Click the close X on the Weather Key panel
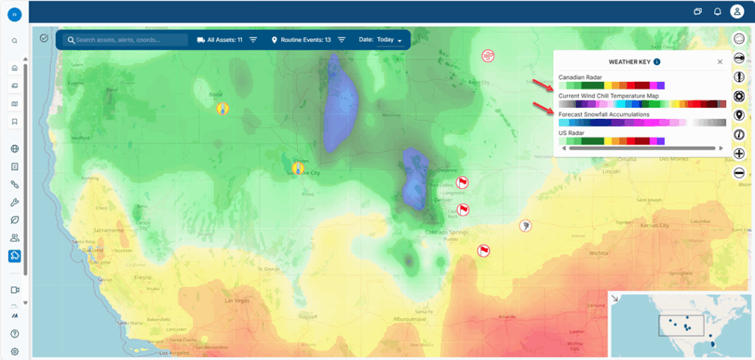720,62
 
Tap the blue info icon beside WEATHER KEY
656,62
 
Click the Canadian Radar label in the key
580,77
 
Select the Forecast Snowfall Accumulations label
604,114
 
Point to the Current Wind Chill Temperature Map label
608,96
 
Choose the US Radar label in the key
571,133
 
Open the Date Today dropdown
389,40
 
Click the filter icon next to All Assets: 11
253,40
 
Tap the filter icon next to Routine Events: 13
341,40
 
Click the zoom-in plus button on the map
739,153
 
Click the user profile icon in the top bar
737,11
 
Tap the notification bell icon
717,11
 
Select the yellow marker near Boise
221,108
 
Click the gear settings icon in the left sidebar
14,352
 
